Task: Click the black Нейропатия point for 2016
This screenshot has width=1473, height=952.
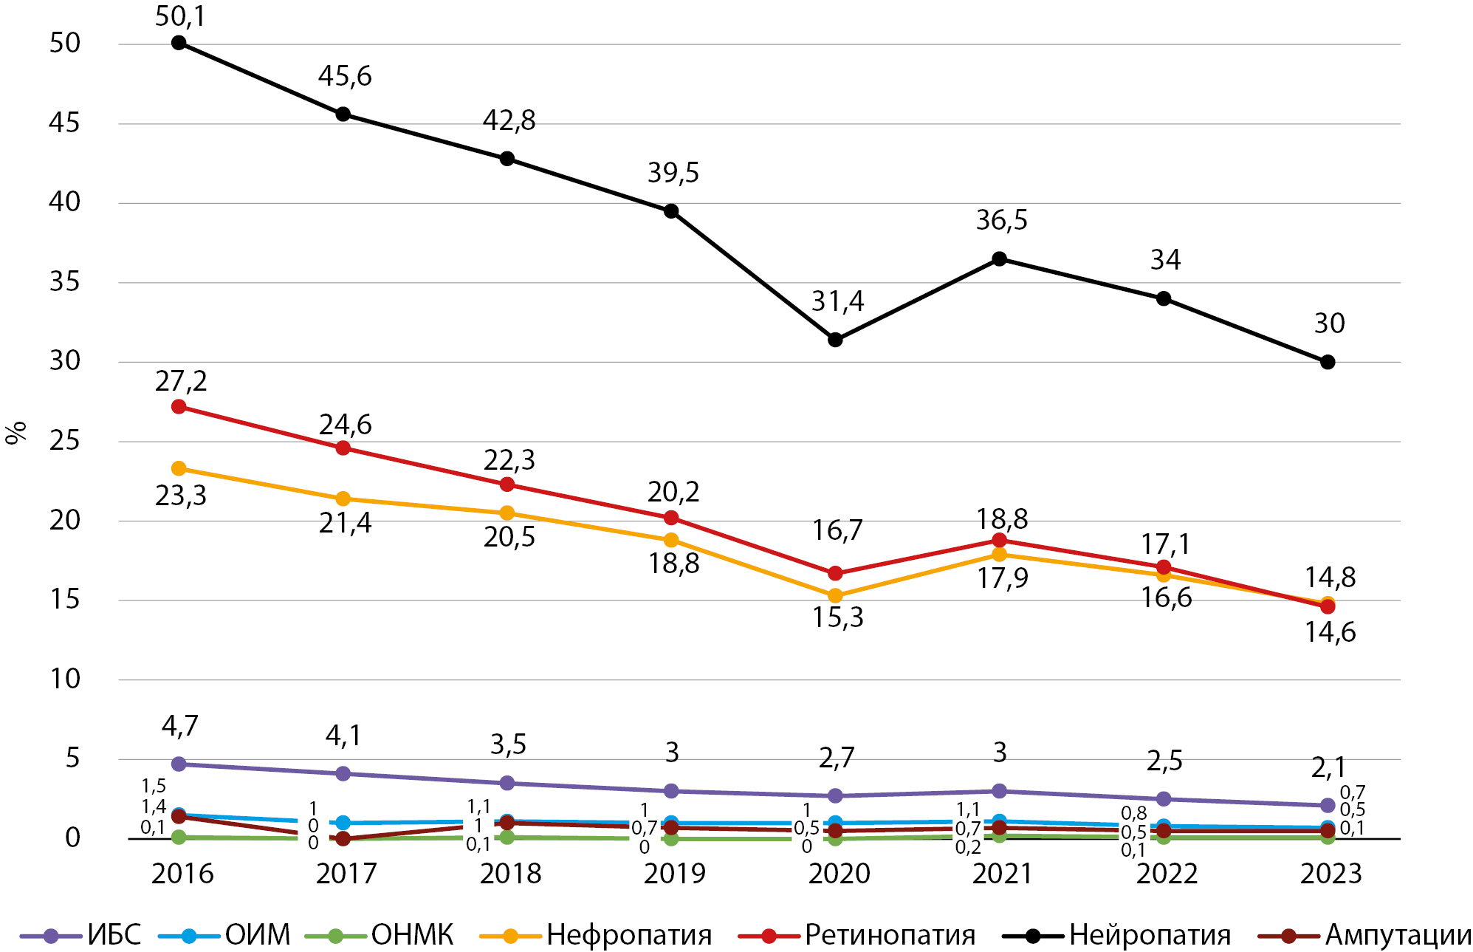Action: [x=179, y=43]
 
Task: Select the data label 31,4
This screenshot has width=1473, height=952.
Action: [x=837, y=301]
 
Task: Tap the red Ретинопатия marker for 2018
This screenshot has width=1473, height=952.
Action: [x=507, y=484]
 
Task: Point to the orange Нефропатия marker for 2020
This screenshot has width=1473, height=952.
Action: [x=835, y=595]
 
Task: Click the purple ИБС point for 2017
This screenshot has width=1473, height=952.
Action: [x=343, y=773]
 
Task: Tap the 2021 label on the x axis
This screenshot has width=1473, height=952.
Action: [x=1001, y=874]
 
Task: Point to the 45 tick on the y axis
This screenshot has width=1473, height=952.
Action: [x=64, y=123]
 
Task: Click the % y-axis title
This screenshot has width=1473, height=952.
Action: [x=16, y=433]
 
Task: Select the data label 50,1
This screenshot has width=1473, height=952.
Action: [x=180, y=16]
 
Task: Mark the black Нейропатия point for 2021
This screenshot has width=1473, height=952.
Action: [x=999, y=258]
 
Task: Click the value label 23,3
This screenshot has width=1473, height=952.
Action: [x=181, y=496]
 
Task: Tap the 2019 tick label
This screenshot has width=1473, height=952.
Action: [x=674, y=874]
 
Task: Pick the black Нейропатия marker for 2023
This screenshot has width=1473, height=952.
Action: [x=1328, y=362]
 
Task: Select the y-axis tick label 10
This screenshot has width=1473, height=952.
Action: [x=65, y=679]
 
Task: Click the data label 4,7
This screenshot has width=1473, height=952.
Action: [x=180, y=727]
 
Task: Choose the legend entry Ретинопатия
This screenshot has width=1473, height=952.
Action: [x=890, y=935]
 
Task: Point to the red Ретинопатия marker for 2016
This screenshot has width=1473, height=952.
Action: [x=179, y=407]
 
